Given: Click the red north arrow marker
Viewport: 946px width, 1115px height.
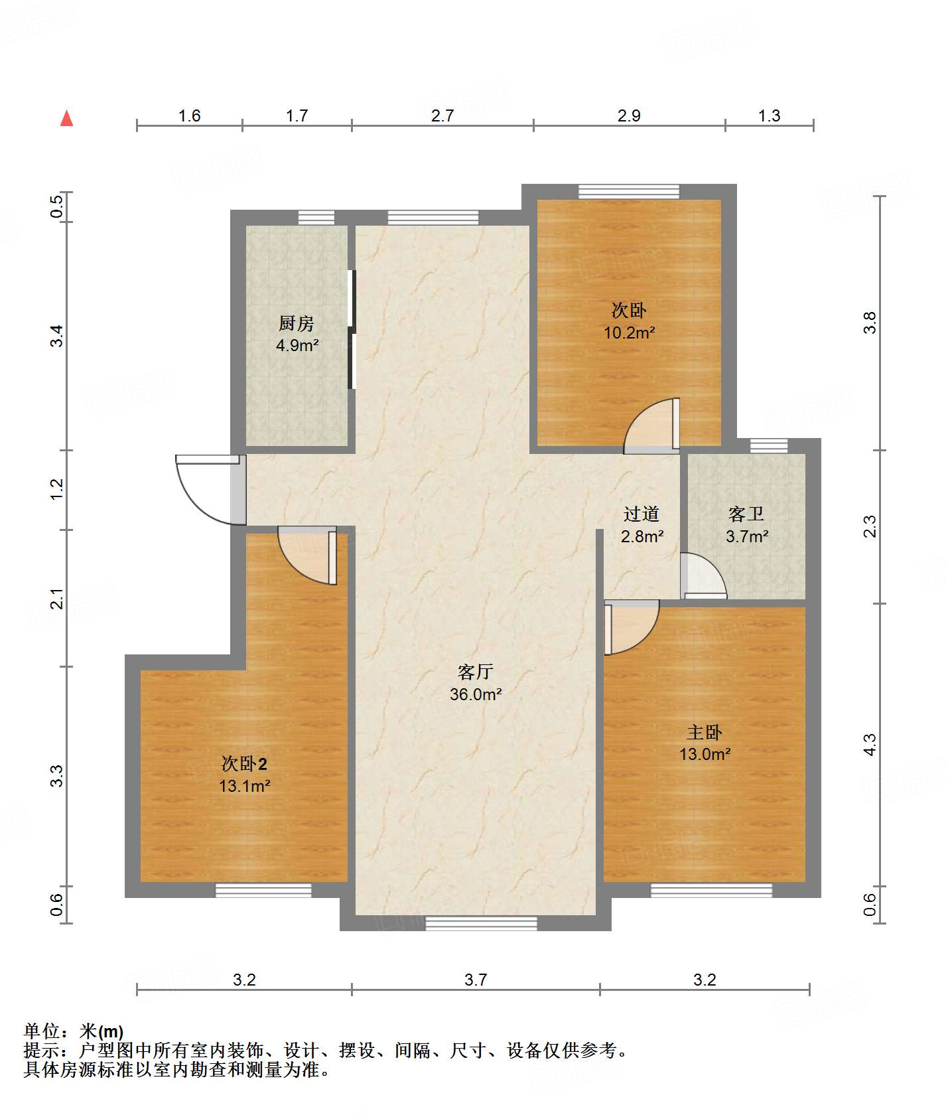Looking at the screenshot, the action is pyautogui.click(x=66, y=118).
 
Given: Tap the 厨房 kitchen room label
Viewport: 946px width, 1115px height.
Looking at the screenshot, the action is pyautogui.click(x=297, y=323).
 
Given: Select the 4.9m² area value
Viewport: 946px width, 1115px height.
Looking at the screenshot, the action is pyautogui.click(x=297, y=345).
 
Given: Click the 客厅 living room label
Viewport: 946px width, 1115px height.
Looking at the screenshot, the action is pyautogui.click(x=476, y=672).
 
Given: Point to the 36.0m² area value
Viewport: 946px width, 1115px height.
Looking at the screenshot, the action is pyautogui.click(x=476, y=694).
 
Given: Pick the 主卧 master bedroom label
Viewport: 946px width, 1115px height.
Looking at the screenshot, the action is pyautogui.click(x=705, y=732).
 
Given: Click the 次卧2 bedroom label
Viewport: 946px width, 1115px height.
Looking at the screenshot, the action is pyautogui.click(x=245, y=763).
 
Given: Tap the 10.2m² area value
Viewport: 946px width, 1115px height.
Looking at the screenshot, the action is pyautogui.click(x=630, y=333).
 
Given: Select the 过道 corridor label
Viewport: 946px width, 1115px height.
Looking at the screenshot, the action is pyautogui.click(x=642, y=514).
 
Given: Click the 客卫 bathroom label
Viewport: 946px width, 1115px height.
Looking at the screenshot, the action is pyautogui.click(x=746, y=514).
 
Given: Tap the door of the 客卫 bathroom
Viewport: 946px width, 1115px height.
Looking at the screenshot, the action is pyautogui.click(x=704, y=575).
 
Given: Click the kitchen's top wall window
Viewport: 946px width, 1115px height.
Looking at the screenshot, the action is pyautogui.click(x=316, y=218).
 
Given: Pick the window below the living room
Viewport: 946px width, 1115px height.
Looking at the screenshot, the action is pyautogui.click(x=481, y=923).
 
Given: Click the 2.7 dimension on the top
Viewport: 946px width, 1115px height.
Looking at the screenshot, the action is pyautogui.click(x=442, y=115).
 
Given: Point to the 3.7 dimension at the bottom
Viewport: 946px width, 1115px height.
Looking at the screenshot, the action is pyautogui.click(x=476, y=980).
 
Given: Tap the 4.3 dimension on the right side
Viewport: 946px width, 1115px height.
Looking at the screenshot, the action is pyautogui.click(x=870, y=744).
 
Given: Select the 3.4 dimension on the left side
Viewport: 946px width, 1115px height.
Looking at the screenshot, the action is pyautogui.click(x=58, y=335).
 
